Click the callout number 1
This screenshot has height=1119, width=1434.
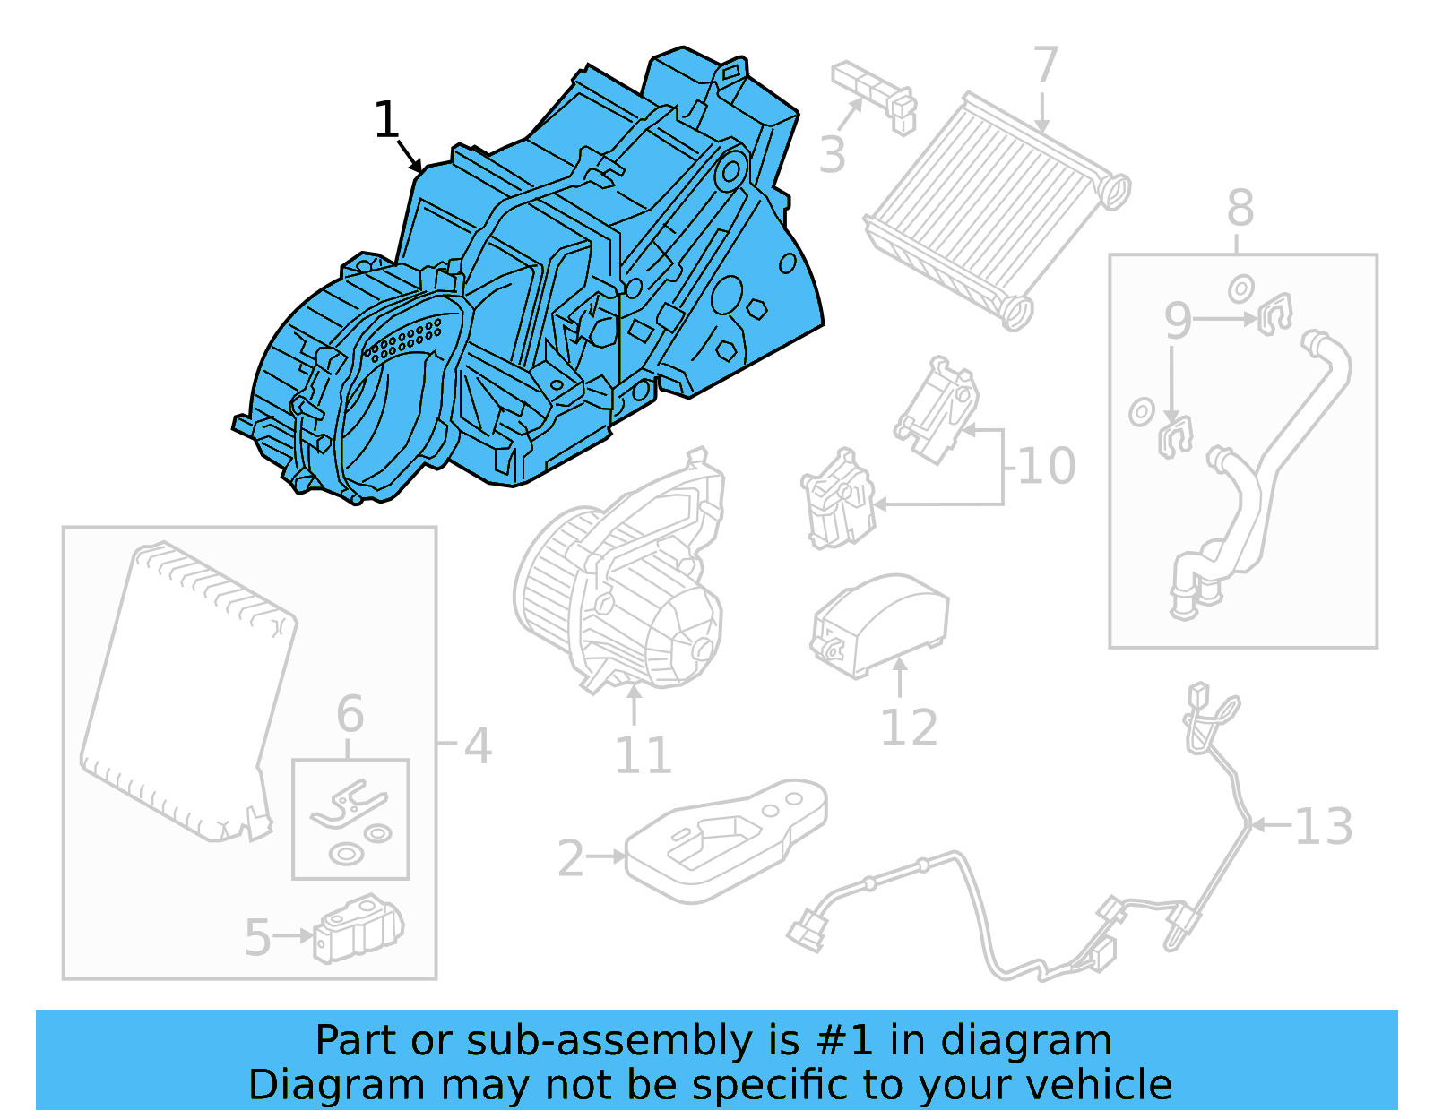pyautogui.click(x=386, y=120)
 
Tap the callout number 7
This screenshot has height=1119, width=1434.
pyautogui.click(x=1045, y=65)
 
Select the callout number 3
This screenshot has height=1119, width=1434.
pyautogui.click(x=832, y=155)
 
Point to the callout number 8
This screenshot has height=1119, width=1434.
pyautogui.click(x=1240, y=209)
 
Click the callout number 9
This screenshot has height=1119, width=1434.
pyautogui.click(x=1178, y=321)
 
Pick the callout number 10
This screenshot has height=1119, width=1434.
pyautogui.click(x=1046, y=467)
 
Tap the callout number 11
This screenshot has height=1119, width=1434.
pyautogui.click(x=643, y=756)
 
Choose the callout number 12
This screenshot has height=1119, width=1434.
pyautogui.click(x=909, y=727)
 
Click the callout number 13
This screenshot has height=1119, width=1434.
pyautogui.click(x=1323, y=826)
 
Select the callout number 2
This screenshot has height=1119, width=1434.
pyautogui.click(x=571, y=859)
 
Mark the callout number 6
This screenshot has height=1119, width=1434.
pyautogui.click(x=350, y=714)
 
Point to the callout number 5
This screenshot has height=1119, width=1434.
pyautogui.click(x=257, y=937)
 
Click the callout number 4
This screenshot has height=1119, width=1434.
pyautogui.click(x=478, y=745)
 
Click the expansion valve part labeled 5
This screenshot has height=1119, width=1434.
pyautogui.click(x=358, y=930)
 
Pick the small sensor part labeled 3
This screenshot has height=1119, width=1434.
pyautogui.click(x=875, y=94)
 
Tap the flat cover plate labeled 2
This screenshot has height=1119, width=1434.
pyautogui.click(x=726, y=838)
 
